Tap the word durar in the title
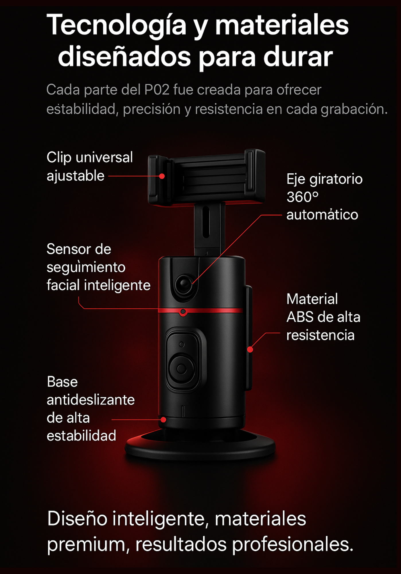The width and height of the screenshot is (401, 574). (298, 56)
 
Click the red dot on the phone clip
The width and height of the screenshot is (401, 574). (162, 176)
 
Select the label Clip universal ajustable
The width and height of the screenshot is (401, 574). (90, 166)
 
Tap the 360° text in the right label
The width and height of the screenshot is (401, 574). (302, 197)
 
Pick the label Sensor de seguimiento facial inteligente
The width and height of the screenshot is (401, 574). (98, 267)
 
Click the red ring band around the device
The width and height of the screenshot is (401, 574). (201, 311)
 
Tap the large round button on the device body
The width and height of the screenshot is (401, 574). (182, 369)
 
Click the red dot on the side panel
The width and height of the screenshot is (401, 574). (250, 349)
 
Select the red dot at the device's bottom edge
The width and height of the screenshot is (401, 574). (163, 420)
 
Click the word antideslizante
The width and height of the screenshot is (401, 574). (91, 400)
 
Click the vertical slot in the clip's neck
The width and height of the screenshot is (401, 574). (206, 221)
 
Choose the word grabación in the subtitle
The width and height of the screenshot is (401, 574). (354, 109)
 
